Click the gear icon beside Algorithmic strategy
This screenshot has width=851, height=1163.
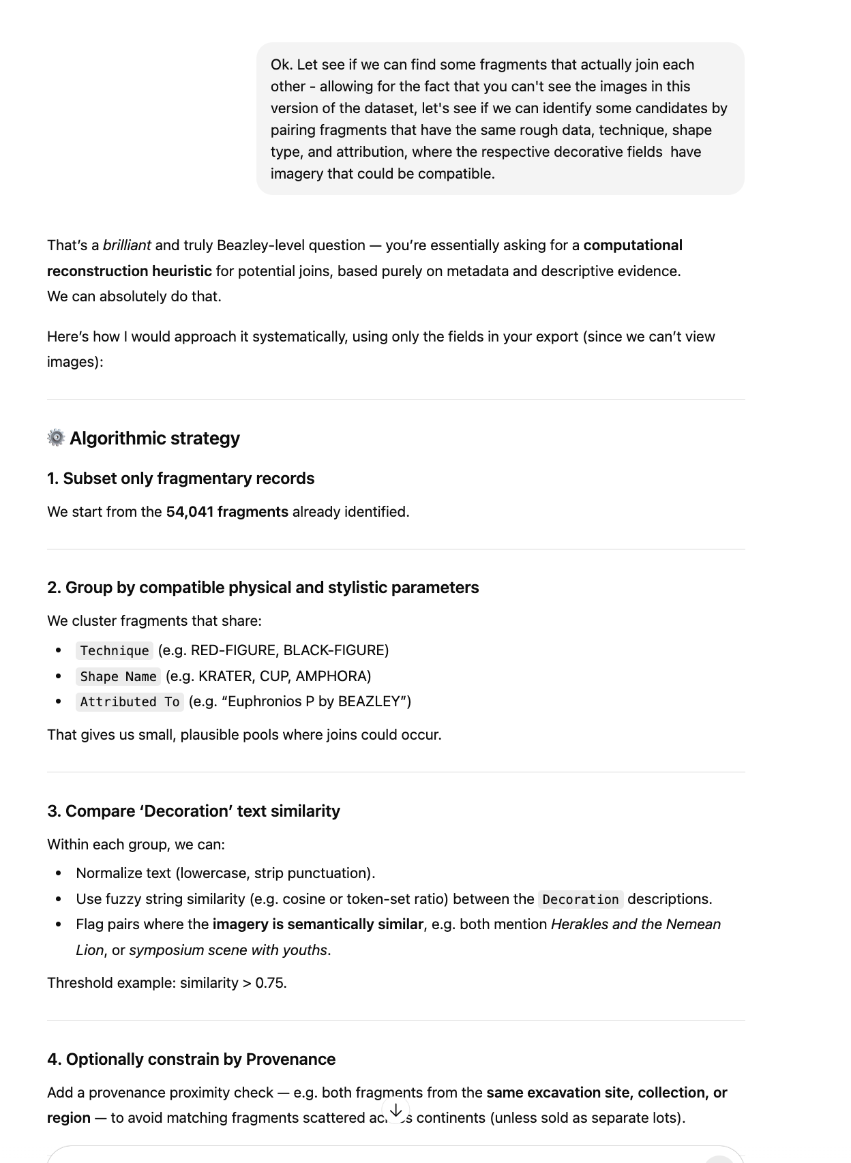point(56,438)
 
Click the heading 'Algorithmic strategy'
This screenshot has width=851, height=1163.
point(155,438)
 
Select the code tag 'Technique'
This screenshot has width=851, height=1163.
point(115,650)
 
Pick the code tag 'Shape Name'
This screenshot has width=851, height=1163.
point(118,676)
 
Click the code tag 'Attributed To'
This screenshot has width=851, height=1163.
point(130,701)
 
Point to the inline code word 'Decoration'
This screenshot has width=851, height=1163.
point(580,899)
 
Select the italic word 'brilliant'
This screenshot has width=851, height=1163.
point(127,245)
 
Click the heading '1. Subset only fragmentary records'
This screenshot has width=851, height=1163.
point(181,479)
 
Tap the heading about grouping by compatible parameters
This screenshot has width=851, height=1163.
point(263,588)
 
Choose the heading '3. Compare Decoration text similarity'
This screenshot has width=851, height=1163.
point(194,811)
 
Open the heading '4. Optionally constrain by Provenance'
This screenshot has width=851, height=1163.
point(191,1059)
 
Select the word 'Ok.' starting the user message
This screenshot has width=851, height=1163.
point(282,65)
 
